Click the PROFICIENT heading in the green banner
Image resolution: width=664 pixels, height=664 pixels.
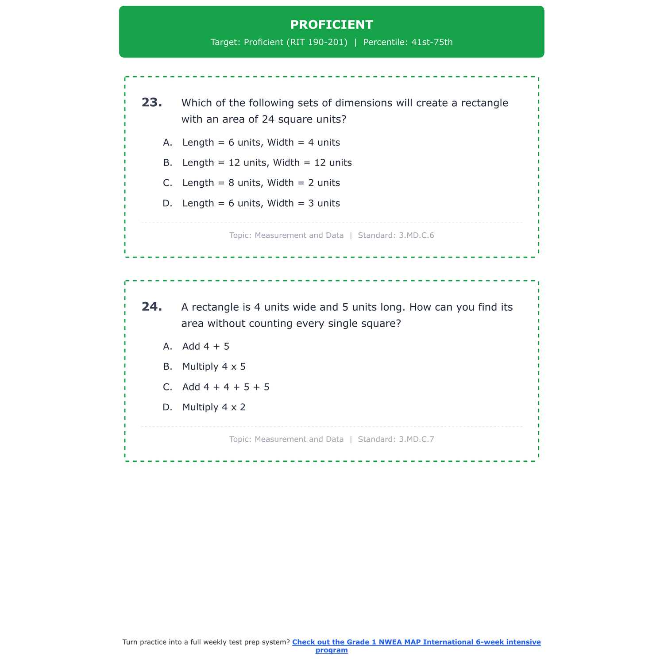pyautogui.click(x=332, y=25)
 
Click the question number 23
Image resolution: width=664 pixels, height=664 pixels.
pyautogui.click(x=152, y=103)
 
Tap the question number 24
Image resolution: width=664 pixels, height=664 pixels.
pyautogui.click(x=152, y=307)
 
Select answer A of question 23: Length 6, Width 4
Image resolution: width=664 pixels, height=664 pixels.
pyautogui.click(x=261, y=143)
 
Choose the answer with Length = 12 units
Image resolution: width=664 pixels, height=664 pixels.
pyautogui.click(x=266, y=163)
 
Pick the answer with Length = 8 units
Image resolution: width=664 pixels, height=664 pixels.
pyautogui.click(x=261, y=183)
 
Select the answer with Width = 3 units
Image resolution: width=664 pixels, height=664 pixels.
pyautogui.click(x=261, y=204)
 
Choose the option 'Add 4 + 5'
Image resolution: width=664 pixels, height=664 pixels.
pyautogui.click(x=205, y=347)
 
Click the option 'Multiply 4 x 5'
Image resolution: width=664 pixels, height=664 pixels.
pyautogui.click(x=213, y=367)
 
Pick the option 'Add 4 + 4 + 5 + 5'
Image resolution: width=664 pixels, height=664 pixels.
pyautogui.click(x=225, y=387)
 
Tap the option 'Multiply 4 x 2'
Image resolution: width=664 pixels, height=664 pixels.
pyautogui.click(x=213, y=407)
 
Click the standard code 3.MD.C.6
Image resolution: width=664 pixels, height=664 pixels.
pyautogui.click(x=416, y=235)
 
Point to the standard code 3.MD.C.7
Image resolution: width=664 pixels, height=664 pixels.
pyautogui.click(x=416, y=440)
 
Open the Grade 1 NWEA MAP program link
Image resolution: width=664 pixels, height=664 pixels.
pyautogui.click(x=416, y=642)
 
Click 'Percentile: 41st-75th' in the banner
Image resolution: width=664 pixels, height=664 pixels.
pyautogui.click(x=408, y=42)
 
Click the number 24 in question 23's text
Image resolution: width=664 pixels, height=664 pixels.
pyautogui.click(x=268, y=120)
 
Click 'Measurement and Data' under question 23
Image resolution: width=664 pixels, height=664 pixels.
pyautogui.click(x=299, y=235)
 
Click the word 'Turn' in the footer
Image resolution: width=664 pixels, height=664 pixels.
pyautogui.click(x=130, y=642)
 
